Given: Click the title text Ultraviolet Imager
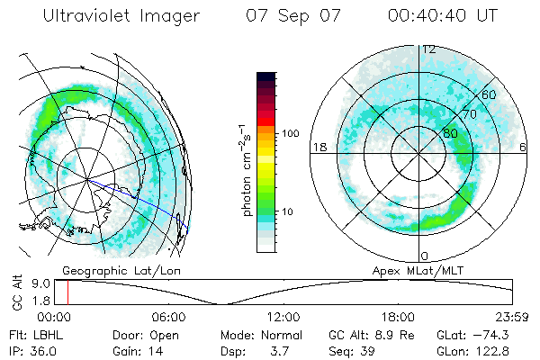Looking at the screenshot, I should point(125,16).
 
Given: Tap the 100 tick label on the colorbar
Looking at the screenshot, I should point(291,133).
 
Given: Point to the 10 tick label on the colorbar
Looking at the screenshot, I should point(287,212).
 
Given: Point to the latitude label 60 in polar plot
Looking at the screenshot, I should point(490,94).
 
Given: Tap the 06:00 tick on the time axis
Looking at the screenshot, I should point(168,317).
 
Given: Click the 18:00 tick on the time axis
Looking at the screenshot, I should point(398,317).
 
